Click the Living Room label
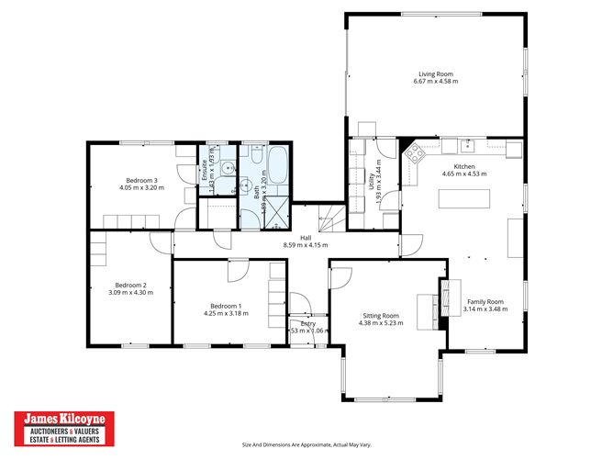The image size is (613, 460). pos(437,73)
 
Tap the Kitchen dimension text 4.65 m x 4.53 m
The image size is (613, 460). pos(463,173)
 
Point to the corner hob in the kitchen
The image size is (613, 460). pos(412,151)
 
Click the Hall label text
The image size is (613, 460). pos(294,237)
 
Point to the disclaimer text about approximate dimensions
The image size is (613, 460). pos(306,445)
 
